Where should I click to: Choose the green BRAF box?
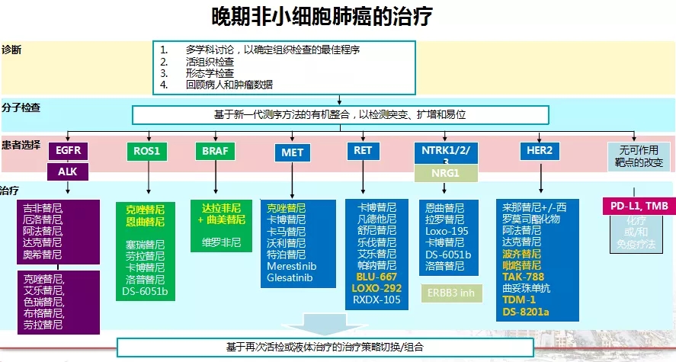coord(214,151)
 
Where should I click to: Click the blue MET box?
coord(292,152)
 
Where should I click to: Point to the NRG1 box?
coord(445,174)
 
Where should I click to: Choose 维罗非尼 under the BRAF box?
coord(221,243)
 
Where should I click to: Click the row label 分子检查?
coord(21,107)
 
